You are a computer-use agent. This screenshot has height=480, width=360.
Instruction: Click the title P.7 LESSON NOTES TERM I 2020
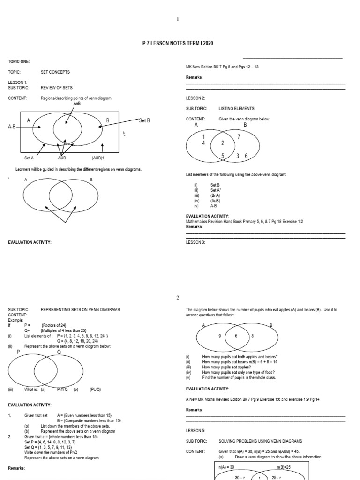click(x=180, y=43)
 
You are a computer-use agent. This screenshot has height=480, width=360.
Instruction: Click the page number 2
click(x=178, y=298)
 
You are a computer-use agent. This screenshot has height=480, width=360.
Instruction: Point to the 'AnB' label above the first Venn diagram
click(x=77, y=103)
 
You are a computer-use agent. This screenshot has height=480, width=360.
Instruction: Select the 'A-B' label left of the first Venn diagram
click(x=12, y=127)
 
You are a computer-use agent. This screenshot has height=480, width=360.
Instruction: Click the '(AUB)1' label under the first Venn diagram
click(x=98, y=158)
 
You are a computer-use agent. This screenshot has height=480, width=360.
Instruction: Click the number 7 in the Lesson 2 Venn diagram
click(x=239, y=137)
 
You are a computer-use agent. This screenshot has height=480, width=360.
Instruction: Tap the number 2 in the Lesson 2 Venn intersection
click(x=223, y=143)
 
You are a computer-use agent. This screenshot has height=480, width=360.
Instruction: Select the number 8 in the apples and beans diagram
click(x=252, y=336)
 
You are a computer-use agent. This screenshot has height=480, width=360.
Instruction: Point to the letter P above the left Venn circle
click(x=18, y=352)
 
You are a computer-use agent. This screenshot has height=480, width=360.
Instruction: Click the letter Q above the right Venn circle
click(x=59, y=352)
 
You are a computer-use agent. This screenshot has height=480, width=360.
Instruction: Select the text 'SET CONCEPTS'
click(x=55, y=72)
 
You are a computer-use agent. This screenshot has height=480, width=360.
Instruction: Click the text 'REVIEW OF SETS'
click(x=57, y=87)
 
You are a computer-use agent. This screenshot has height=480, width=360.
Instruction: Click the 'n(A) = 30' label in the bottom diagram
click(x=226, y=467)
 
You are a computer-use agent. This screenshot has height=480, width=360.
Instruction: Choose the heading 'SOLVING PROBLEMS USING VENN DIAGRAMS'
click(x=260, y=441)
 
